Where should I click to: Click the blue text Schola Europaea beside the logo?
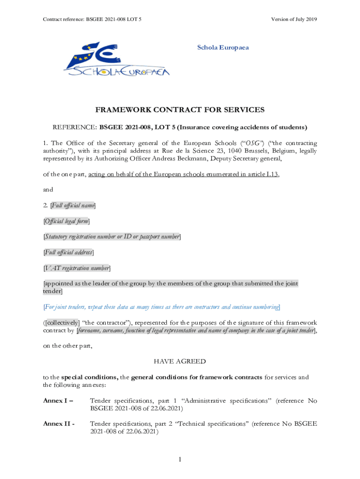coord(223,47)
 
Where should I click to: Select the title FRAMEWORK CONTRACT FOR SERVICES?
coord(180,110)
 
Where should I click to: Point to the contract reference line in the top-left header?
coord(92,19)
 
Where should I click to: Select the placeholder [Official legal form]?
coord(66,221)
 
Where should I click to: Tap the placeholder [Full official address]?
coord(68,252)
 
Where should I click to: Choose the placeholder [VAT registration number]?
coord(77,268)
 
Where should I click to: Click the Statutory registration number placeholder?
coord(112,237)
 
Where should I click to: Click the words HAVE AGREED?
coord(180,362)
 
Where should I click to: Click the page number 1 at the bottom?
coord(180,460)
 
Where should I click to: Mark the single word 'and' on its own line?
coord(48,189)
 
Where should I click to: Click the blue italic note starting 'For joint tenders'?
coord(162,307)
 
